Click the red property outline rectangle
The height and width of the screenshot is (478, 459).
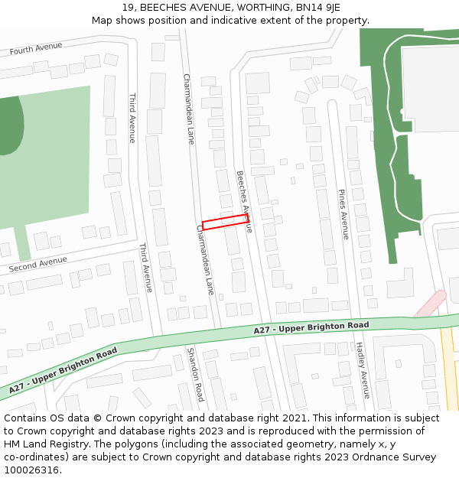225,223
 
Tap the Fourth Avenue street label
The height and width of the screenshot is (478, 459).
36,49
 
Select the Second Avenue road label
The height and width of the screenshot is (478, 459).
38,265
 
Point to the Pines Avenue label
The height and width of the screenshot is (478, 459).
343,215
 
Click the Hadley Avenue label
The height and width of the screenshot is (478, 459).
362,369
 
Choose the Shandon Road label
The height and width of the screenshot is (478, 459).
196,374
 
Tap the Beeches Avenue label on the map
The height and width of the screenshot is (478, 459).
244,201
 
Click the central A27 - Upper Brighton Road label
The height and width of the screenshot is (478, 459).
311,327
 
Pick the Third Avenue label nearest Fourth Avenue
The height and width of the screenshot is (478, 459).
132,119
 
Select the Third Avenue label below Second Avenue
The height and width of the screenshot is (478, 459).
145,268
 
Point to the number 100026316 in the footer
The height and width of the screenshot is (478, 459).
31,470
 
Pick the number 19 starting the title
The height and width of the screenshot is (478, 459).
127,8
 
